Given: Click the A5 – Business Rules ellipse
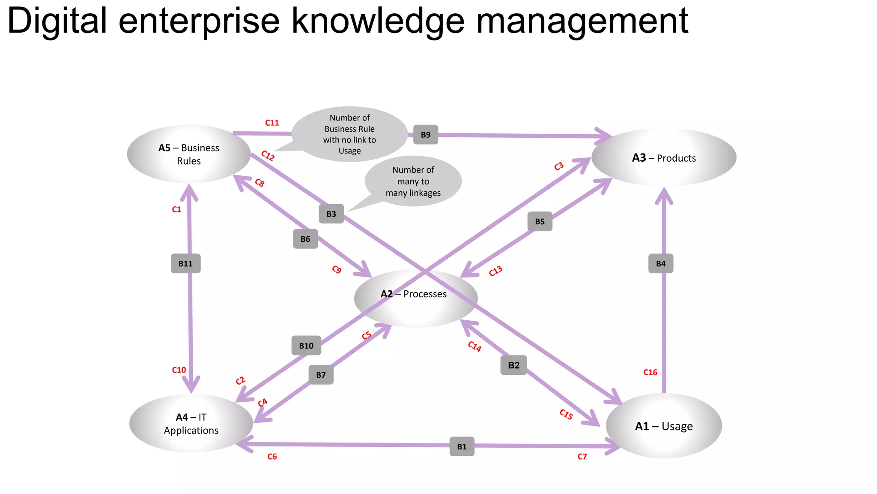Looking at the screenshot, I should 189,154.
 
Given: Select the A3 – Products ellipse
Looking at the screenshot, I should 664,157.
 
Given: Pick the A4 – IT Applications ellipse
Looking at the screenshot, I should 191,423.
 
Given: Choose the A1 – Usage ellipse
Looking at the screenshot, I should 664,426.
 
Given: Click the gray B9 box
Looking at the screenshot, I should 426,135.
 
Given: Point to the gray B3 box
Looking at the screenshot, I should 331,214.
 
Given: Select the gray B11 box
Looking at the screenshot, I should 185,263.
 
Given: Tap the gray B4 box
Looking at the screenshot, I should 661,263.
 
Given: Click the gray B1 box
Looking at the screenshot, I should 462,446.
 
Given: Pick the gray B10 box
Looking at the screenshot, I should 306,346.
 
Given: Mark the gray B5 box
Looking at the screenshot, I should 540,222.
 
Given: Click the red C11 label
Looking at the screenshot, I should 272,123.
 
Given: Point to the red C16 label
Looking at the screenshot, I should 650,372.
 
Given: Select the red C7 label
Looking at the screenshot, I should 582,457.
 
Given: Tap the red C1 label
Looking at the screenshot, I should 176,209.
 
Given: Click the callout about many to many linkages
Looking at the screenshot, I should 413,181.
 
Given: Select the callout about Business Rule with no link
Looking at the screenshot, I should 349,134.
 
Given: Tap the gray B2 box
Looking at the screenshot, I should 513,365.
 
